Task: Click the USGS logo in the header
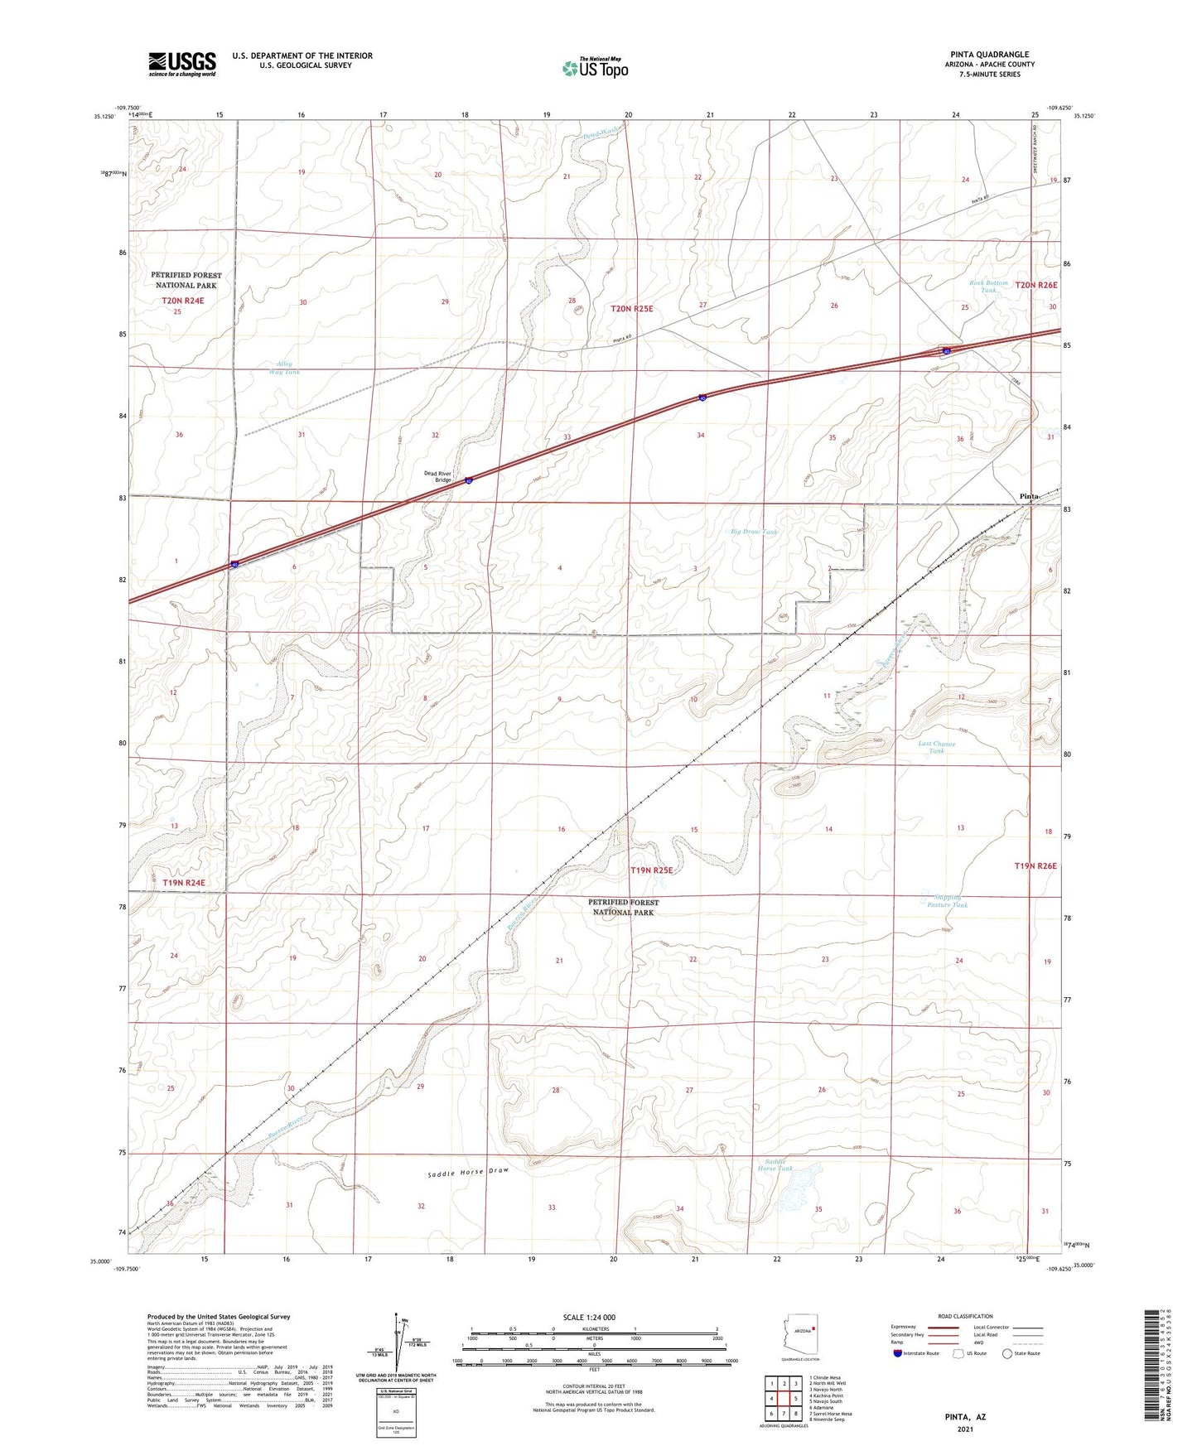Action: [182, 63]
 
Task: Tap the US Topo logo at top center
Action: [594, 68]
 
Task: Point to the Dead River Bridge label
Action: [437, 476]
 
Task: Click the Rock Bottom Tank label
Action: [988, 287]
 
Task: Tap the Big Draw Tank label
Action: [755, 532]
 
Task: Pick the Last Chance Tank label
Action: [936, 747]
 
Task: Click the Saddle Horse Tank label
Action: [775, 1164]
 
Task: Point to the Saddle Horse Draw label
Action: [468, 1173]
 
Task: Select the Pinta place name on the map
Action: [1028, 496]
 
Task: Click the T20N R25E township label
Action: [632, 309]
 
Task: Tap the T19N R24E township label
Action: [183, 883]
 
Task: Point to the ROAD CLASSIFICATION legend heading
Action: [966, 1316]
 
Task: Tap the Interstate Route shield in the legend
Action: [898, 1353]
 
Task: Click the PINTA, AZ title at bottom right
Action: [965, 1417]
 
